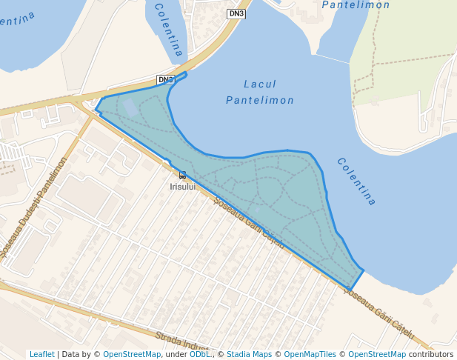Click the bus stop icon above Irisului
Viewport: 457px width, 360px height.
coord(182,176)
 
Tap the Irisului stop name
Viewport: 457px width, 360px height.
coord(182,187)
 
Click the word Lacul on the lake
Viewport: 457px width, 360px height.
coord(260,84)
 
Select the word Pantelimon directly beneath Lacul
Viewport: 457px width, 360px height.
coord(260,100)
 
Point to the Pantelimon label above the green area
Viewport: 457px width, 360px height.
coord(356,5)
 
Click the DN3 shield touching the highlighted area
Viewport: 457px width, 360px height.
coord(166,79)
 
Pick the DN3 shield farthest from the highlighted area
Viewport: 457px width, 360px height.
coord(236,13)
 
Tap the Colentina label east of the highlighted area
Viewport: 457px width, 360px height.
coord(356,181)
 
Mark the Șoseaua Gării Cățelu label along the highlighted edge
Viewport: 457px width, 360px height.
coord(248,221)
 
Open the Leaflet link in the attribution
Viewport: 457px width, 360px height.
coord(42,354)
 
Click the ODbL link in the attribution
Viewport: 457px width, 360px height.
coord(199,354)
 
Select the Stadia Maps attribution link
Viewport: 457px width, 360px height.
coord(249,354)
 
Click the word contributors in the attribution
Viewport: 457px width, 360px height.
coord(431,354)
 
